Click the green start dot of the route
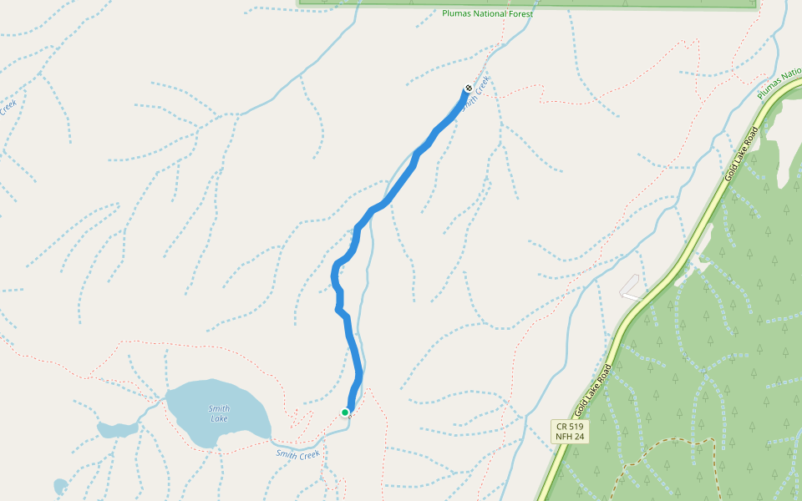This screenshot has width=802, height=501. coord(345,412)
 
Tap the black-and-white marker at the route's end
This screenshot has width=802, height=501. coord(469,89)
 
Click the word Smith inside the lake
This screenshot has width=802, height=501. coord(218,408)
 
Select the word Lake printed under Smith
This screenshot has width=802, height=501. coord(219,418)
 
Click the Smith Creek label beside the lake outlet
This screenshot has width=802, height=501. coord(298,455)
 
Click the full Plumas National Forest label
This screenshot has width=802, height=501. coord(487,13)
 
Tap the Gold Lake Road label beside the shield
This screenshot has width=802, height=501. coord(594,390)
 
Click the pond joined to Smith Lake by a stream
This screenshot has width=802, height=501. coord(117,430)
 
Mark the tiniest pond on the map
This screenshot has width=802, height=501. coord(60,486)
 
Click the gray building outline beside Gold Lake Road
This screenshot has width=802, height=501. coord(631,286)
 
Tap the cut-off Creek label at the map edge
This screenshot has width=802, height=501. coord(8,108)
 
